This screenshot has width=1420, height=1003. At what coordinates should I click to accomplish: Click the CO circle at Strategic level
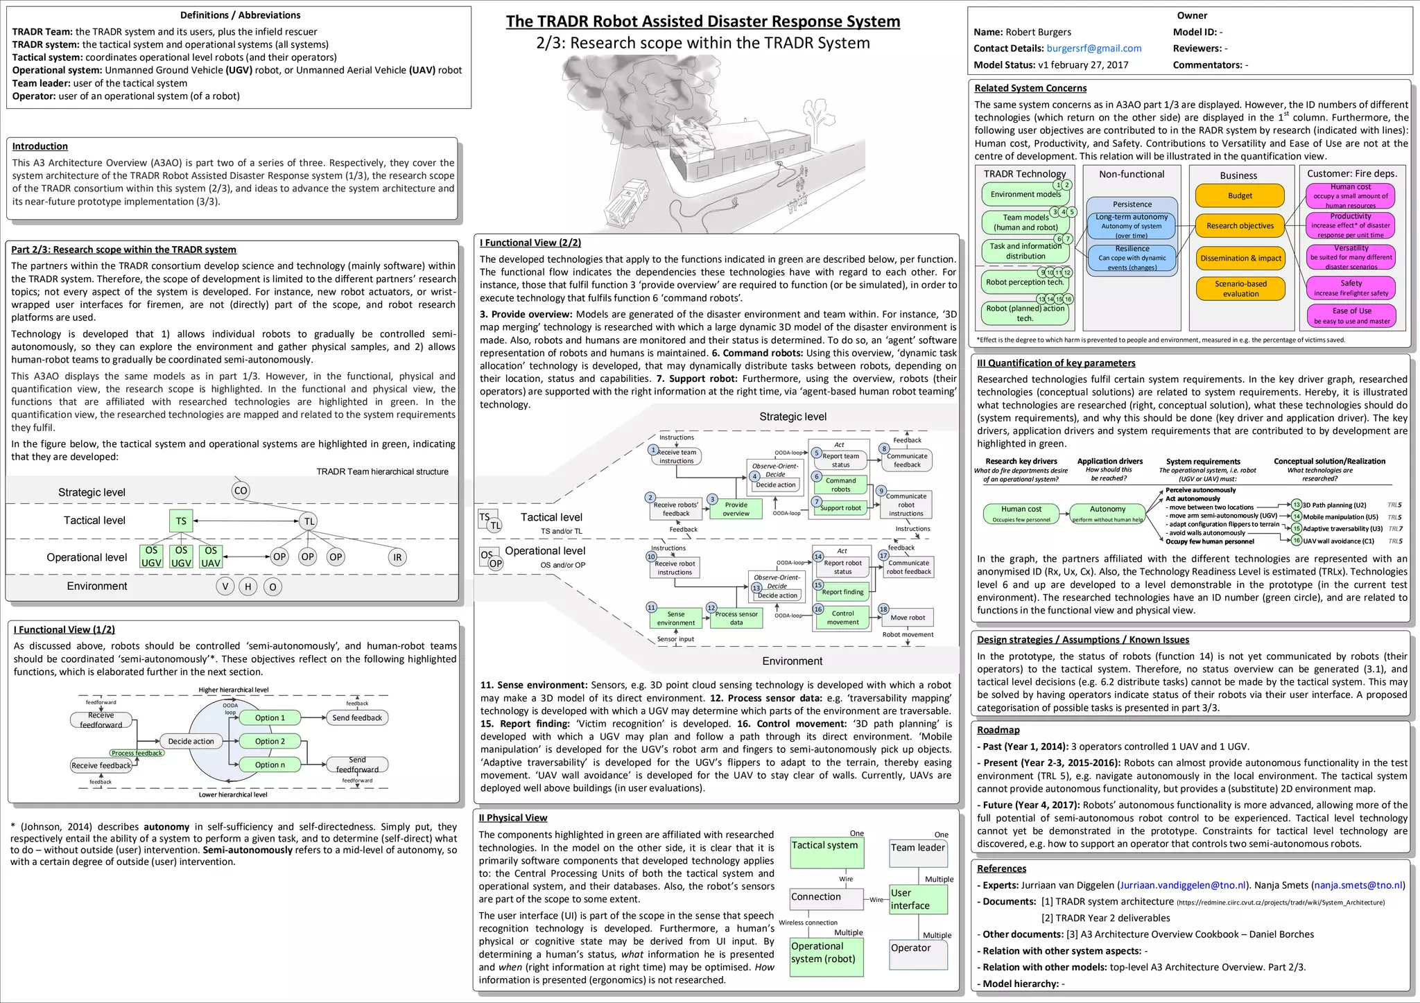pos(240,491)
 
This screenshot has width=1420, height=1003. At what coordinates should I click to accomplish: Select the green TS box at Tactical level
pos(181,521)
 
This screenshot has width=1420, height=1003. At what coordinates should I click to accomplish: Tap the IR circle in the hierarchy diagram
pos(397,557)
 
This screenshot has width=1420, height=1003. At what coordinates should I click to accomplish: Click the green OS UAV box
pos(211,557)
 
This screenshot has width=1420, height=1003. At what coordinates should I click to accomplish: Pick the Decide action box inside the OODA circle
pos(191,741)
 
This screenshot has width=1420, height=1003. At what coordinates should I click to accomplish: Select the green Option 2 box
pos(270,741)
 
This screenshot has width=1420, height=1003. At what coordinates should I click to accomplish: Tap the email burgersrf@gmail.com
pos(1093,49)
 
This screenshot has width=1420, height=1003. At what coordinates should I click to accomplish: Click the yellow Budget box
pos(1240,195)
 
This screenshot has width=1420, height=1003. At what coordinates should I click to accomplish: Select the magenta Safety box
pos(1350,288)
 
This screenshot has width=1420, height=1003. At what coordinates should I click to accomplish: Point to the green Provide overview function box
pos(736,509)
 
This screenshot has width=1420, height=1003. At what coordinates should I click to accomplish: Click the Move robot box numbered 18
pos(907,618)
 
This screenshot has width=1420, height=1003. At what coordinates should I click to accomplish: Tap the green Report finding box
pos(842,592)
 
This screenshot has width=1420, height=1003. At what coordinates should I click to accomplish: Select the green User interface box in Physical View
pos(917,899)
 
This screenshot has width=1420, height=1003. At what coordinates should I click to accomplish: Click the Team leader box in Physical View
pos(917,852)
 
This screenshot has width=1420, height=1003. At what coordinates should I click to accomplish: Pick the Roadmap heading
pos(998,730)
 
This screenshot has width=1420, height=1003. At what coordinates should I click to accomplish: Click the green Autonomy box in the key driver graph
pos(1107,513)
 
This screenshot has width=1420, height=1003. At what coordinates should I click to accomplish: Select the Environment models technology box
pos(1025,195)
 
